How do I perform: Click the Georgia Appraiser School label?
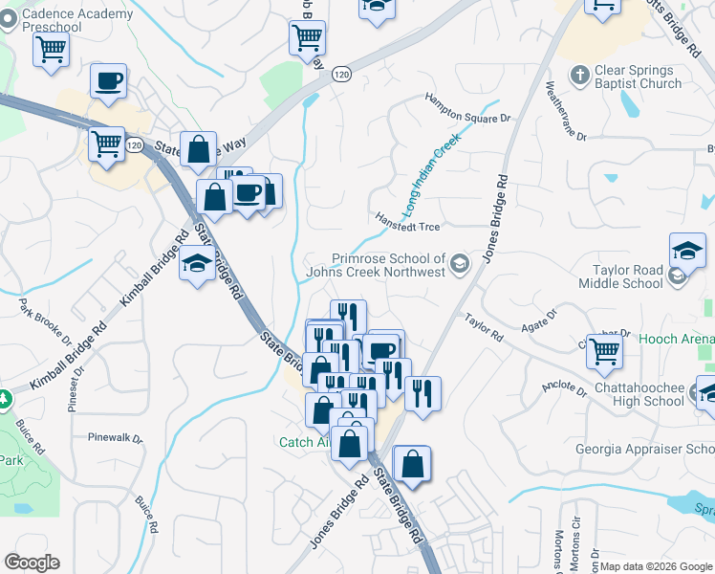(x=644, y=450)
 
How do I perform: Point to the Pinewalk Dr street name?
(x=115, y=438)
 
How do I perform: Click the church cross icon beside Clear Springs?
(x=578, y=74)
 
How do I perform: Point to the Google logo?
(x=32, y=563)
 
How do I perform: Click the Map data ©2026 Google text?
(x=657, y=566)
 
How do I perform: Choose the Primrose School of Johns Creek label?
(x=389, y=265)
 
